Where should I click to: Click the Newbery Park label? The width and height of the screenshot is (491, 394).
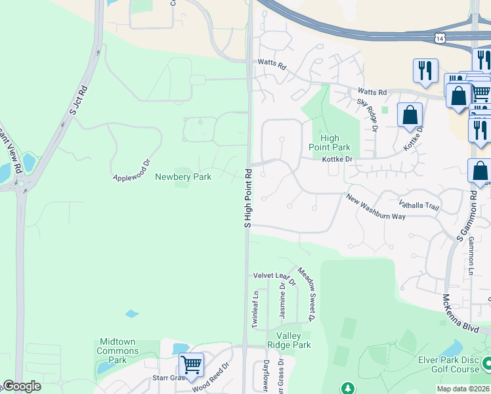(182, 177)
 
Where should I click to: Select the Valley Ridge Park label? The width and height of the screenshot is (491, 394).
(289, 340)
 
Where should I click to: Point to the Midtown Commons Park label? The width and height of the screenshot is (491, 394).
(117, 351)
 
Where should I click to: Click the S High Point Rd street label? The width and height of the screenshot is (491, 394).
(248, 198)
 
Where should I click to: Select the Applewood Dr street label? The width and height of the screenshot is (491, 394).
(132, 169)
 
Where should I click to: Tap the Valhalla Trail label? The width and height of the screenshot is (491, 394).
(418, 206)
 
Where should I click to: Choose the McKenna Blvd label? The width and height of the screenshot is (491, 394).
(461, 315)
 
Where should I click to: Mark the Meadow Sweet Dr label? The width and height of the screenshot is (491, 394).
(307, 294)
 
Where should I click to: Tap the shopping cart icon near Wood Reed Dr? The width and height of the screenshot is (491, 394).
(191, 363)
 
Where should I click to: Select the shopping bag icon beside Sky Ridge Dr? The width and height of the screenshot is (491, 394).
(410, 115)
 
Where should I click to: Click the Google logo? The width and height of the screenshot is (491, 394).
(22, 386)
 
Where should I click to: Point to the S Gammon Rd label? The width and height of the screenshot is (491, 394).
(473, 217)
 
